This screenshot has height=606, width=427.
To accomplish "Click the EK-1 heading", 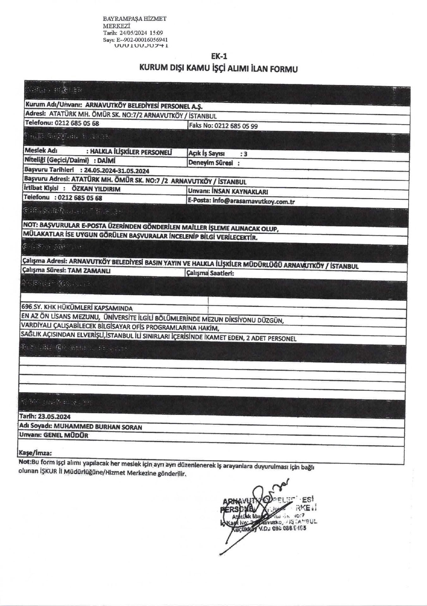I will point(219,56).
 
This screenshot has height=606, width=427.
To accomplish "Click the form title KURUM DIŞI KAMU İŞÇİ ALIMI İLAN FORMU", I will point(219,68).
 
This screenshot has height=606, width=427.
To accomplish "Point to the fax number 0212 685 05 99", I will point(236,126).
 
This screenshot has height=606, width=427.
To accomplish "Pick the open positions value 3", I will point(246,154).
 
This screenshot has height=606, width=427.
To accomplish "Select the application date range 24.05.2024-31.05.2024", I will point(117,171).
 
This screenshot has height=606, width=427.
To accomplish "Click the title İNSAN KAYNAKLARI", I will point(240,191).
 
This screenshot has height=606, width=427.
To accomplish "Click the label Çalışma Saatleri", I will point(210,273).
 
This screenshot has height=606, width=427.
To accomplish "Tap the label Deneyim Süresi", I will point(210,163).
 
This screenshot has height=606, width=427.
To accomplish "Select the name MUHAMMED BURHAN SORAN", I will point(98,427).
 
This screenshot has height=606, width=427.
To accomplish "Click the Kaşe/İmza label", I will point(35,453).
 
